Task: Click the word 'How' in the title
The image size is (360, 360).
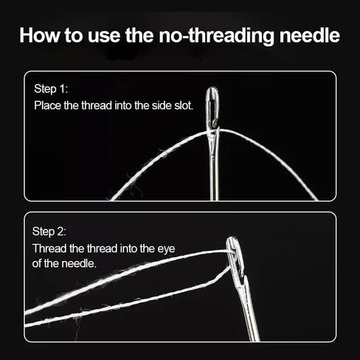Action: [40, 35]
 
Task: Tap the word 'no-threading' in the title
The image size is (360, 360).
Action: [216, 36]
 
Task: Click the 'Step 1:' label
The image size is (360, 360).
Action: [51, 89]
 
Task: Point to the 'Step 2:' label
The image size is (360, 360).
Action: [49, 232]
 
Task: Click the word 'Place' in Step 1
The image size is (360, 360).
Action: [47, 105]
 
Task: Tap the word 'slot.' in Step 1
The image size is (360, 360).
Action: [184, 105]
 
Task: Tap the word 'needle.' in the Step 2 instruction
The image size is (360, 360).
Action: [79, 263]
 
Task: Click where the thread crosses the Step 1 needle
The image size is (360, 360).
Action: [212, 131]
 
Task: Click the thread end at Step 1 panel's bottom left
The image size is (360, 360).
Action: [111, 199]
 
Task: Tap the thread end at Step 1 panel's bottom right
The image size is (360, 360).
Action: [316, 198]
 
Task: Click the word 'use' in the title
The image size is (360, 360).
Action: [104, 36]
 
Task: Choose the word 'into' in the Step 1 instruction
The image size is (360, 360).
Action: [123, 105]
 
